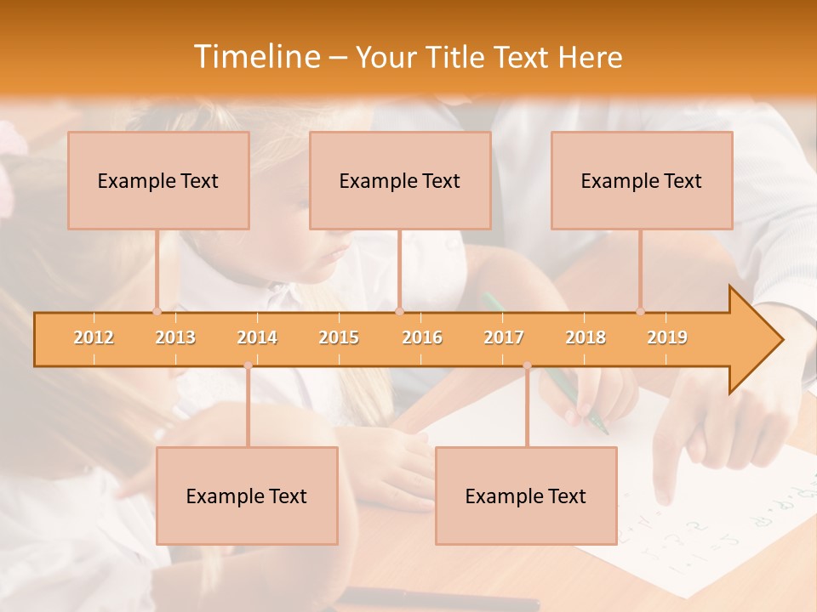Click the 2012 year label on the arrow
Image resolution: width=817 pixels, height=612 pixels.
[94, 338]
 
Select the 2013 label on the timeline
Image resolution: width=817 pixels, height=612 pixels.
[175, 338]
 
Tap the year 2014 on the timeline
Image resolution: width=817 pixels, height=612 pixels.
[257, 338]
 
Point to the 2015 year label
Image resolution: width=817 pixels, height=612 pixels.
[339, 338]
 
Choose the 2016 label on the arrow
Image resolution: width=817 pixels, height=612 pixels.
[422, 338]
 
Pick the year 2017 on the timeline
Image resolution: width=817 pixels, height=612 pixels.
[504, 338]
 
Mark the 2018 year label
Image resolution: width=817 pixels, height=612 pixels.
[586, 338]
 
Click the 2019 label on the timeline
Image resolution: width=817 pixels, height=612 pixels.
[667, 338]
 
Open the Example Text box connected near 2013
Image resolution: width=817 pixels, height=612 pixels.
[158, 180]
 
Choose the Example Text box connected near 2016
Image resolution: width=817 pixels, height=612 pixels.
[400, 180]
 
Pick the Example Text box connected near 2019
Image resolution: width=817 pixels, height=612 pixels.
[642, 180]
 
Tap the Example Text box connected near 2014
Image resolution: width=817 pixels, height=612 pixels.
[247, 496]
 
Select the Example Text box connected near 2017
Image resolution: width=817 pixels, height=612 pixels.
[526, 496]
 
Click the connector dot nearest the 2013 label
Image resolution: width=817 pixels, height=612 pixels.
[157, 311]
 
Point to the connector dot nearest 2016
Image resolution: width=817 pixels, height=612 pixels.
[400, 311]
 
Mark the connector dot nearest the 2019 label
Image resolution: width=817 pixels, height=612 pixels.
[641, 311]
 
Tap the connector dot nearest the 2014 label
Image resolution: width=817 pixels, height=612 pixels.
[248, 365]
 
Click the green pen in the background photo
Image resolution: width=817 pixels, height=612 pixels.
[587, 399]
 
